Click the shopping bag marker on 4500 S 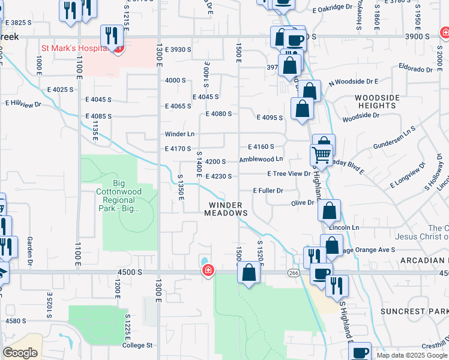pos(249,273)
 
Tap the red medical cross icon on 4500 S pos(208,271)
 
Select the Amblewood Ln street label pos(261,159)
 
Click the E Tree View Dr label pos(289,173)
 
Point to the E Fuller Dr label pos(268,190)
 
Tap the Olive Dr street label pos(303,203)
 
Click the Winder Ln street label pos(180,134)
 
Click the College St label pos(139,345)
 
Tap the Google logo pos(20,352)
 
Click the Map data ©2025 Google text pos(411,355)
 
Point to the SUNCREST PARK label pos(414,311)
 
